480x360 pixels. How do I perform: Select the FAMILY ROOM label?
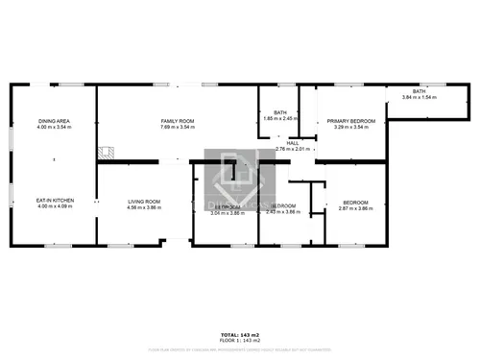point(178,121)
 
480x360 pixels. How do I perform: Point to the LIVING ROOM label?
point(144,201)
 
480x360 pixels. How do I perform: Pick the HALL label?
point(292,143)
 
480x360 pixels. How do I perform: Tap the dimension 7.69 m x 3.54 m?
point(178,127)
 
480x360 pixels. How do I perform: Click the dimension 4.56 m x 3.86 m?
point(144,206)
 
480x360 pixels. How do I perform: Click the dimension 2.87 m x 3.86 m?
point(355,207)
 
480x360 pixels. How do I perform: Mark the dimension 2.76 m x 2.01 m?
point(292,149)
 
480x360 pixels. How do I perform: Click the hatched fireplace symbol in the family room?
point(106,152)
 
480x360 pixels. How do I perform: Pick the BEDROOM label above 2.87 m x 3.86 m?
point(355,202)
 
